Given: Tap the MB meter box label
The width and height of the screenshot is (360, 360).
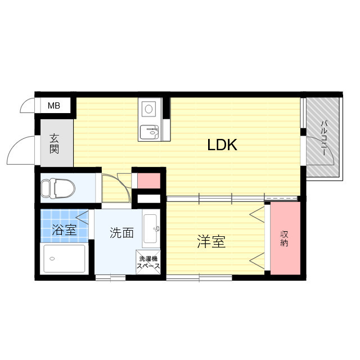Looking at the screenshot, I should (x=53, y=106).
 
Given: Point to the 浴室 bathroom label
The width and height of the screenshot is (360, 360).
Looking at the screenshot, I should (x=64, y=230).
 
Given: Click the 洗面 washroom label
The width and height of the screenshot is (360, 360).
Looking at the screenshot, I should (x=121, y=233).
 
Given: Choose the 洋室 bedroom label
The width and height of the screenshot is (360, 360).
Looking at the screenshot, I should (x=211, y=242).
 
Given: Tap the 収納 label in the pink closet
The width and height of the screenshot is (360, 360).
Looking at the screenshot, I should (x=285, y=238).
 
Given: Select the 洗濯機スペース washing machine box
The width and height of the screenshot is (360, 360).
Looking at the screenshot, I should (x=149, y=262).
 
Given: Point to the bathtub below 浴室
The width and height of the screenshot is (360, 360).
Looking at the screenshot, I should (x=65, y=259).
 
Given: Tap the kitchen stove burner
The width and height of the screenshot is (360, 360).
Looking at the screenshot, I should (x=149, y=108).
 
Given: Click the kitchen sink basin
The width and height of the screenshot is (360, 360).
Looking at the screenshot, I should (x=149, y=133).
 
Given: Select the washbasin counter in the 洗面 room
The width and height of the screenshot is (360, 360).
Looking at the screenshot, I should (x=151, y=229).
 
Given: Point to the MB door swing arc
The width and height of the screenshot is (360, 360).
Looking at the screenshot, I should (x=27, y=105).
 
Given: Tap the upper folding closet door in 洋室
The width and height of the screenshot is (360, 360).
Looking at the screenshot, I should (x=258, y=215).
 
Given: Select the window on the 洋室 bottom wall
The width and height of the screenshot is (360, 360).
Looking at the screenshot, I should (x=199, y=277).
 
